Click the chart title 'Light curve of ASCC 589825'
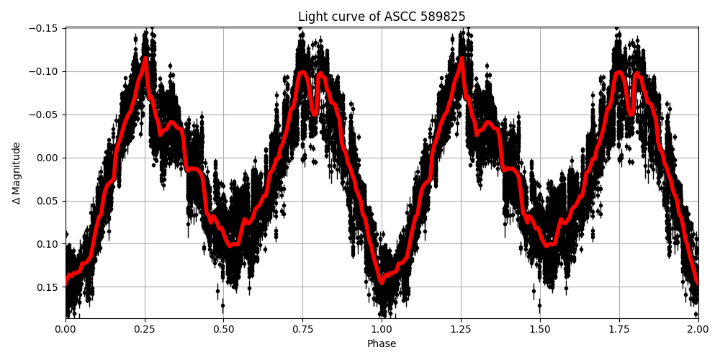[x=382, y=17]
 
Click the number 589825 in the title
[x=441, y=17]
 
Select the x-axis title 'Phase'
[x=382, y=344]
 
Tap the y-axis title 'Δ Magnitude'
[x=17, y=173]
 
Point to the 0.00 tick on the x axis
[x=66, y=330]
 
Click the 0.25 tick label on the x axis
[x=145, y=330]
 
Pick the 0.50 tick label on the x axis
[x=223, y=330]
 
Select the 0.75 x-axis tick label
[x=302, y=330]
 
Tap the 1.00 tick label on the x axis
[x=382, y=330]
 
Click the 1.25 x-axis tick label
[x=461, y=330]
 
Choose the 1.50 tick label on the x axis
[x=539, y=330]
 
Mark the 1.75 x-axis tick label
[x=618, y=330]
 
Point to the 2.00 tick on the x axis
[x=697, y=330]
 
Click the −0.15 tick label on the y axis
[x=45, y=28]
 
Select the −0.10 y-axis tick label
[x=45, y=71]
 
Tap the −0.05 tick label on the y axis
[x=45, y=114]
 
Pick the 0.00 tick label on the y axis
[x=49, y=158]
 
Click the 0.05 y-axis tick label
[x=49, y=201]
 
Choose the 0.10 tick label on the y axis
[x=49, y=244]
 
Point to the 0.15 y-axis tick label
[x=49, y=287]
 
